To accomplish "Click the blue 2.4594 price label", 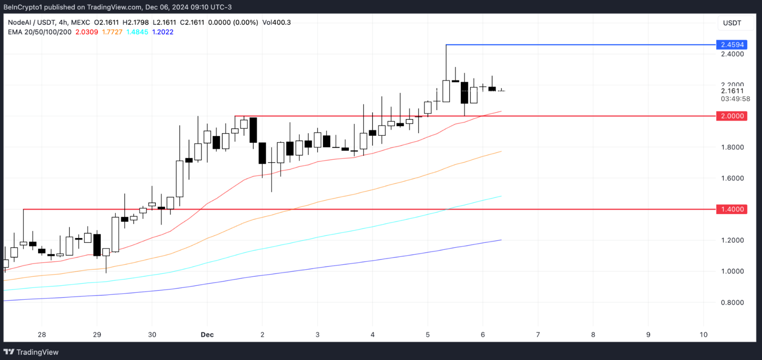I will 732,45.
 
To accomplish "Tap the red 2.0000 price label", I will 732,116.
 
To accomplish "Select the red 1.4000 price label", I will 732,209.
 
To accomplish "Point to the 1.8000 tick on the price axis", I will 732,147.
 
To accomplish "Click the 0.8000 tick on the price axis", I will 732,303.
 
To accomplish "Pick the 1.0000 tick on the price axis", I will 732,271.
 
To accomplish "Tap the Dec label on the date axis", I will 207,335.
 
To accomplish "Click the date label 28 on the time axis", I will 42,335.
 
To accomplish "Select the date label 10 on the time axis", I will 703,335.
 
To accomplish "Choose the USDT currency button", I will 732,23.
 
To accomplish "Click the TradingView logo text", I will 37,352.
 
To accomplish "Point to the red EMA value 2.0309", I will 87,32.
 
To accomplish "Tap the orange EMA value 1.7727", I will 112,32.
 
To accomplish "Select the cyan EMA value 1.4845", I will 137,32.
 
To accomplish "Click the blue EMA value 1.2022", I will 163,32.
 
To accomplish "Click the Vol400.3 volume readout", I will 276,22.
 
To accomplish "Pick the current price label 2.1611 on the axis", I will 732,91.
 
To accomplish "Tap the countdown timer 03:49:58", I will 735,99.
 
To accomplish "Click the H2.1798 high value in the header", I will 136,22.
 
